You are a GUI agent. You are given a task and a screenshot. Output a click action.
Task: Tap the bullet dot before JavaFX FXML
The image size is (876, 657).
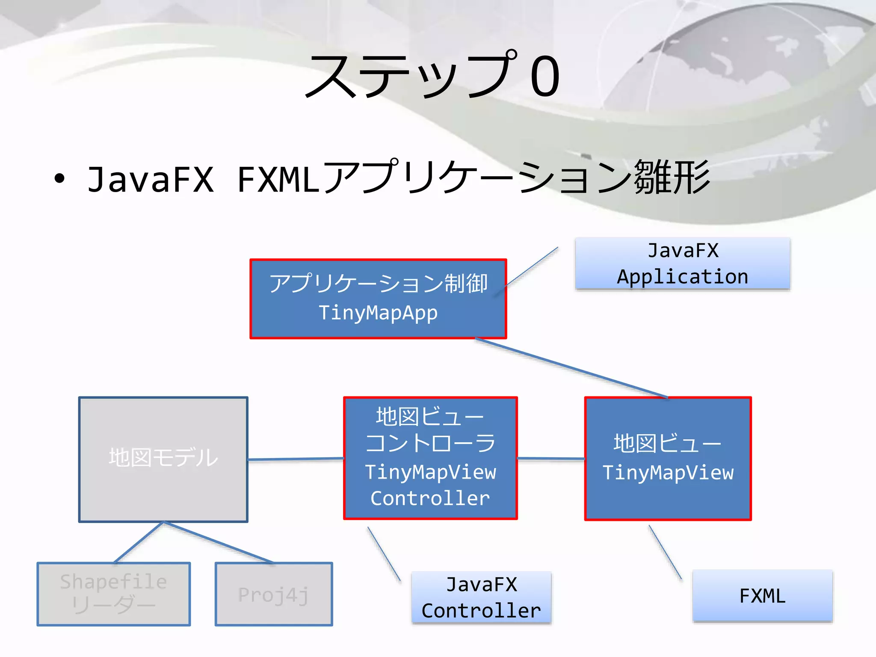point(59,179)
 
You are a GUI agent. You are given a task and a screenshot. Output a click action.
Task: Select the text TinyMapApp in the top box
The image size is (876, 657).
point(378,313)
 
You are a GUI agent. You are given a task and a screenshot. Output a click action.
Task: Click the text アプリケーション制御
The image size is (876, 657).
point(378,284)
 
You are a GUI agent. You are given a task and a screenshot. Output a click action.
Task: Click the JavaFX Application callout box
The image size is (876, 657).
point(682,264)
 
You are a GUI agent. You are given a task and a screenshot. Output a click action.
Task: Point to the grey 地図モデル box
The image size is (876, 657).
point(163,459)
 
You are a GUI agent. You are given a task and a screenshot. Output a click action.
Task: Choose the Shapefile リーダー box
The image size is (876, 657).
point(113,594)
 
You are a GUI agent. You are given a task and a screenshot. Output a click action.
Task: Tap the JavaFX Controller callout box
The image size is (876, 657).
point(481,598)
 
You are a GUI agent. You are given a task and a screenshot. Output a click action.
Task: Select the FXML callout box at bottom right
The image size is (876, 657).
point(762,596)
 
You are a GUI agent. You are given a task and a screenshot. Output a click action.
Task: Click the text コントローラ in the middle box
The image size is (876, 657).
point(430,444)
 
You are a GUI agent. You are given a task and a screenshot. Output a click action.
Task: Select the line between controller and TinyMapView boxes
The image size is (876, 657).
point(551,459)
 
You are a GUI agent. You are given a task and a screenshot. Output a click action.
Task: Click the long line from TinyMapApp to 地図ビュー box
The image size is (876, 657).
point(571,367)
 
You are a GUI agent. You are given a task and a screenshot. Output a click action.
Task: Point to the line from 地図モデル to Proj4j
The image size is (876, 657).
point(218,542)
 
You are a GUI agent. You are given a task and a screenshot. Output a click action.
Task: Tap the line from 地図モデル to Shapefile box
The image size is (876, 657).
point(139,542)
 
